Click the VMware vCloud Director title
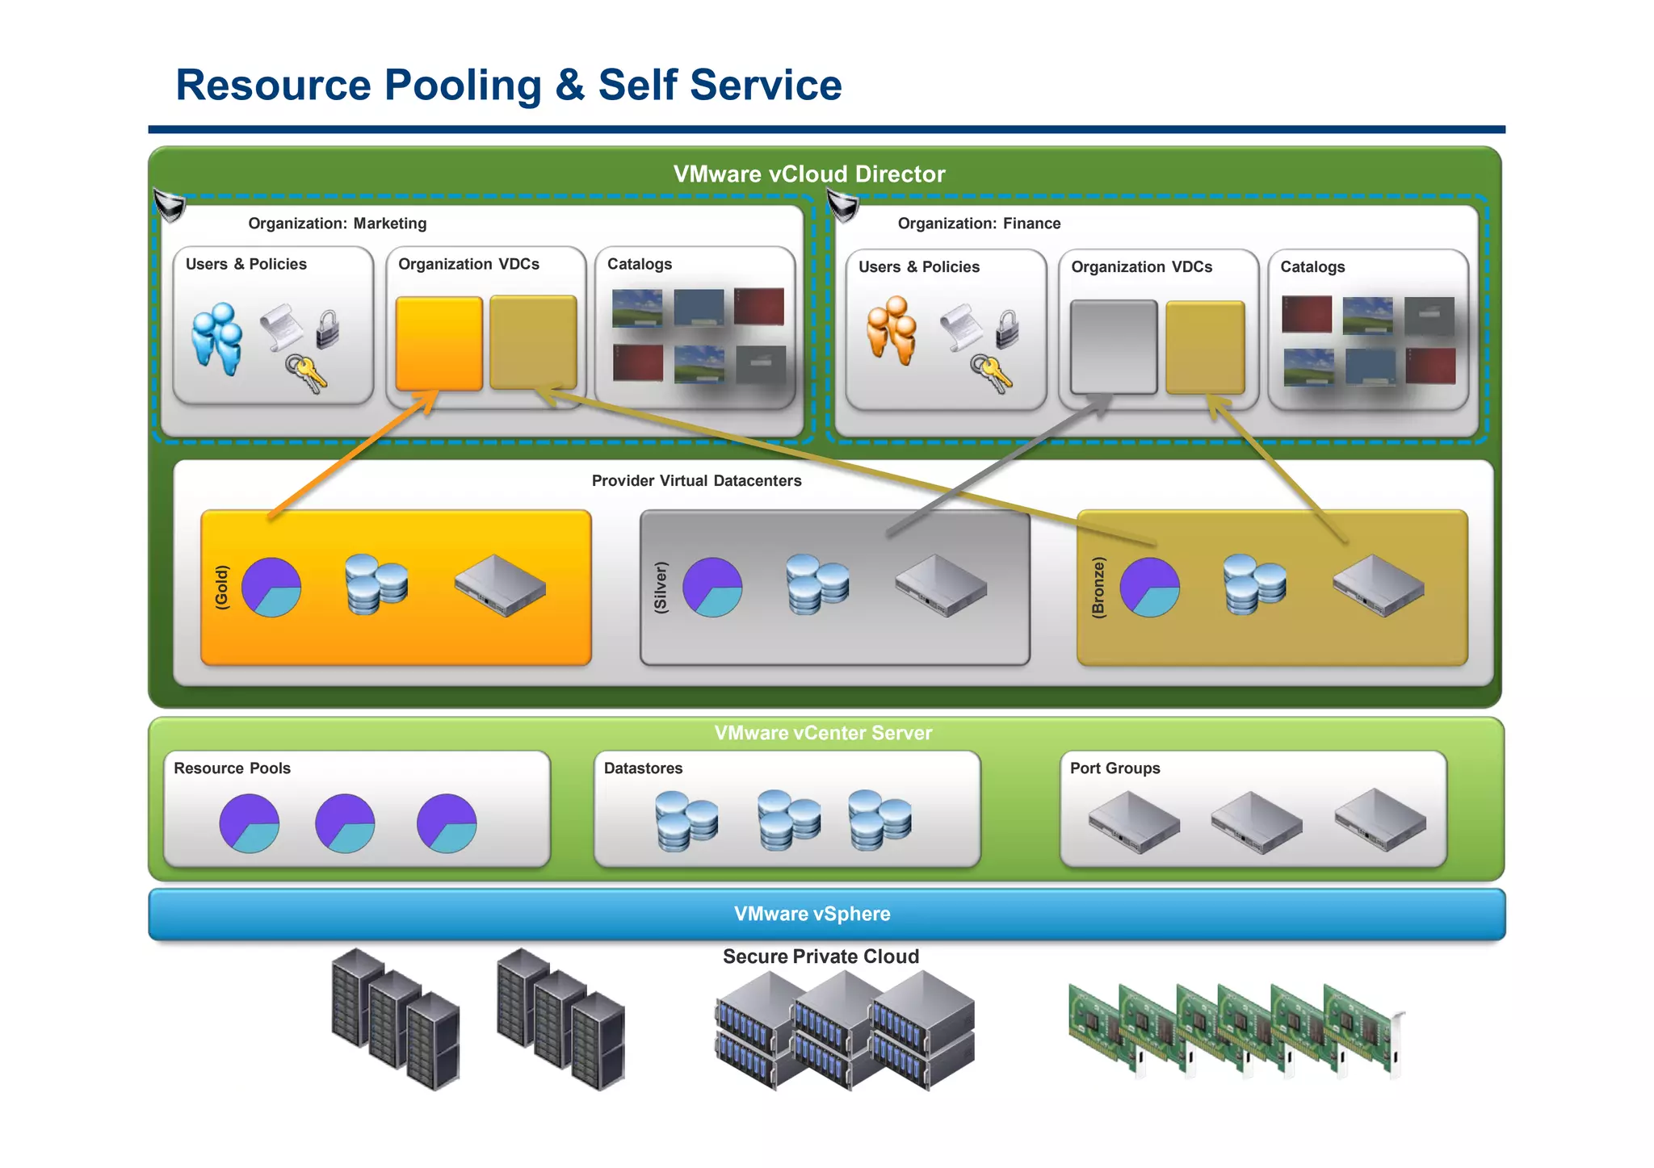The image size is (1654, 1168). pos(808,174)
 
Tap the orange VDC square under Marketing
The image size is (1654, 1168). pos(439,343)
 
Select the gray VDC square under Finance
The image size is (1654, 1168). pos(1113,347)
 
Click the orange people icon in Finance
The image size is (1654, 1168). pos(892,331)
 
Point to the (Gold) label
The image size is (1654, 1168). pos(221,587)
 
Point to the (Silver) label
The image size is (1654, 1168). pos(661,587)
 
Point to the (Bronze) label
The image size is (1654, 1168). pos(1098,587)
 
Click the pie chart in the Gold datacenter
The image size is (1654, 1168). pos(271,587)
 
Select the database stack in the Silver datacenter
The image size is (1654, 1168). pos(817,584)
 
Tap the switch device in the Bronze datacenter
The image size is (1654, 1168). pos(1378,585)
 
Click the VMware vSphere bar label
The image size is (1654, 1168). pos(812,914)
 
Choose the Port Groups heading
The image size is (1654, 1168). pos(1115,768)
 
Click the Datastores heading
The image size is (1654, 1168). pos(643,768)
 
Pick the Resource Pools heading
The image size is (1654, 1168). pos(232,768)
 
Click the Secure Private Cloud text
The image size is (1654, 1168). pos(821,957)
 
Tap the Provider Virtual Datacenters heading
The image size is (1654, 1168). pos(696,481)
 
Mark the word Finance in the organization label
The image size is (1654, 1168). pos(1031,224)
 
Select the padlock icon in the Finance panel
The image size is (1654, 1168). pos(1007,329)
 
